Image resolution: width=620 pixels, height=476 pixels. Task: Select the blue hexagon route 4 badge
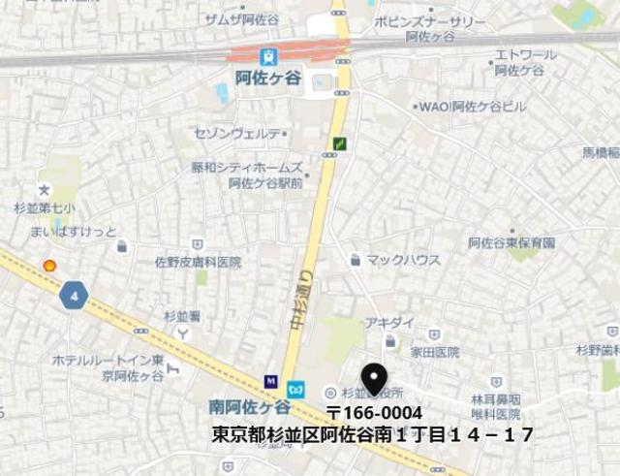pos(74,294)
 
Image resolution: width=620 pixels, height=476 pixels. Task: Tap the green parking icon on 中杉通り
pos(340,143)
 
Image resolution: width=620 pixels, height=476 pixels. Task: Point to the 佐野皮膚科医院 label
pos(198,262)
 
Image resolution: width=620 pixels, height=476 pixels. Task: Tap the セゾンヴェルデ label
pos(237,133)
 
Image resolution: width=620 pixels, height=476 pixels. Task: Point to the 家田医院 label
pos(433,352)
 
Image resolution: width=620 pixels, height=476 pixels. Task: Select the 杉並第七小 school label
pos(39,207)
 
